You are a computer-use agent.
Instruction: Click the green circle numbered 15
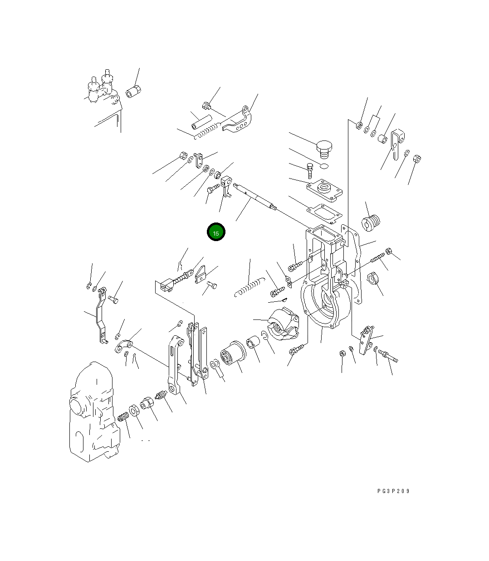216,232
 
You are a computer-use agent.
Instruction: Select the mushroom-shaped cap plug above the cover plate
324,149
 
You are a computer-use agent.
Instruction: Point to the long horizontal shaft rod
255,196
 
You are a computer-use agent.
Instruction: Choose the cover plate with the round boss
324,190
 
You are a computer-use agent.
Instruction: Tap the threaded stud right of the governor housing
378,258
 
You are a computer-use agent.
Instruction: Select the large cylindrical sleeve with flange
233,353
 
